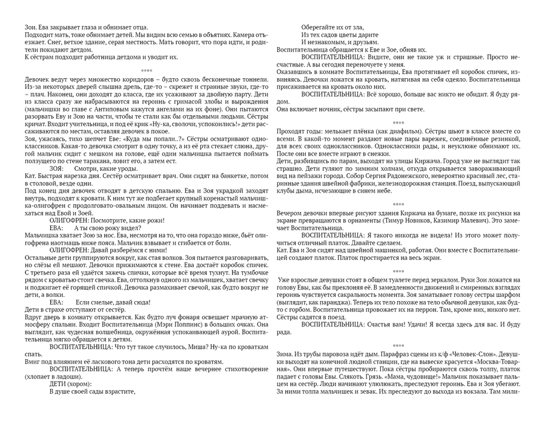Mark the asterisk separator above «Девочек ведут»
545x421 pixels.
click(x=142, y=70)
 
